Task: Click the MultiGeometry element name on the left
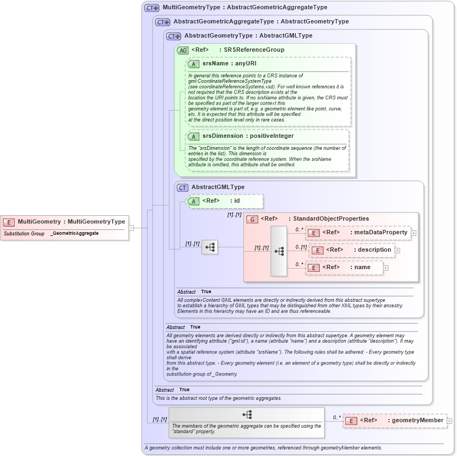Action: pyautogui.click(x=71, y=222)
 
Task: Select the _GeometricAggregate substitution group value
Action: pyautogui.click(x=75, y=233)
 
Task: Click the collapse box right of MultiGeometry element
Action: pyautogui.click(x=131, y=228)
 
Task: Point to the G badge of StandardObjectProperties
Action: pyautogui.click(x=252, y=219)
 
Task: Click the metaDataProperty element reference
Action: pyautogui.click(x=364, y=233)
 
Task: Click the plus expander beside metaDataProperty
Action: pyautogui.click(x=414, y=233)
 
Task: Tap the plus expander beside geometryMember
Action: pyautogui.click(x=449, y=421)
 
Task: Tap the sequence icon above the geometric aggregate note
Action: pyautogui.click(x=247, y=415)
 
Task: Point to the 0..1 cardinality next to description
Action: pyautogui.click(x=301, y=247)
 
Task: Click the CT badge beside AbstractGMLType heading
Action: pyautogui.click(x=182, y=187)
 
